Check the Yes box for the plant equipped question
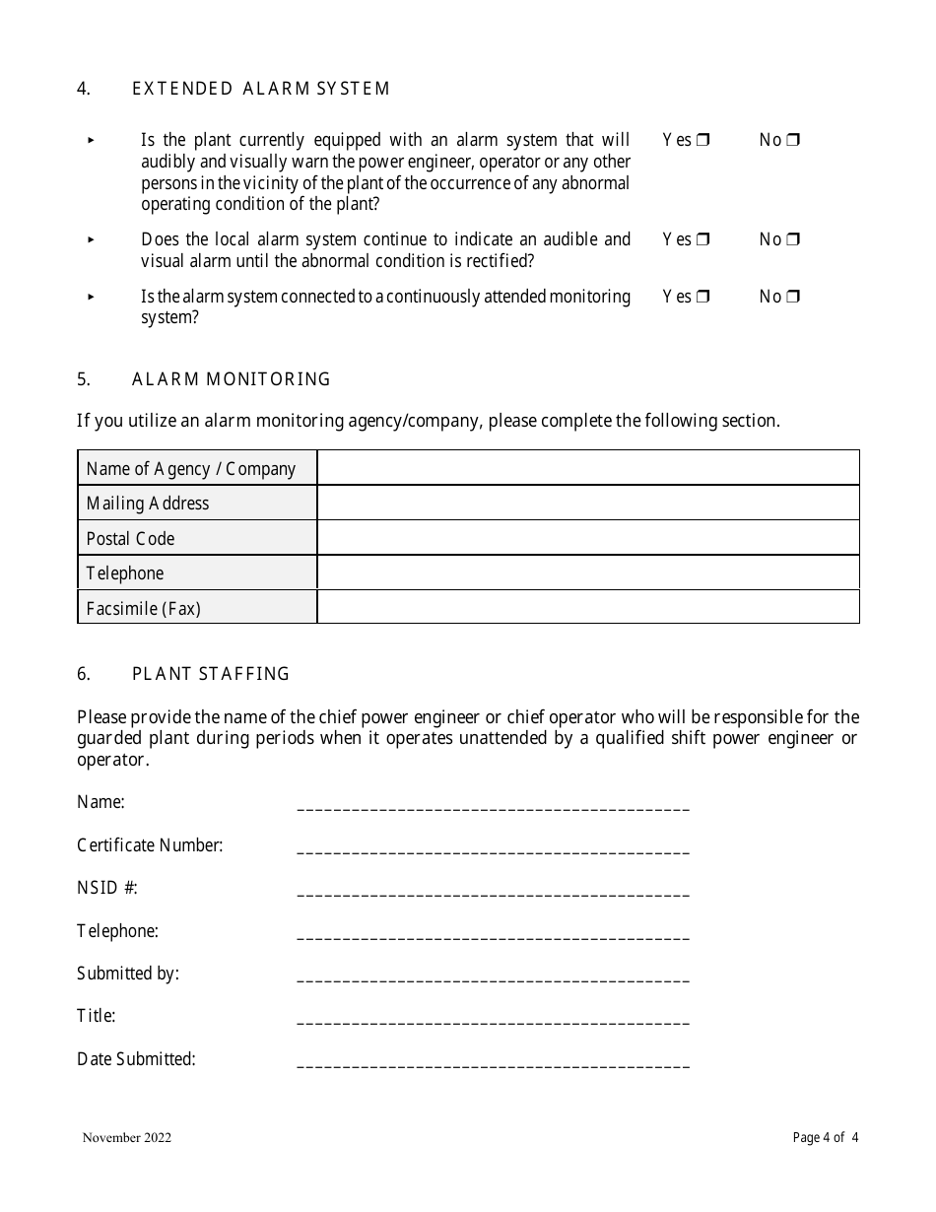pyautogui.click(x=702, y=141)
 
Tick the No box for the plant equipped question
pyautogui.click(x=793, y=141)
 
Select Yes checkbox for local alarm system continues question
pyautogui.click(x=702, y=239)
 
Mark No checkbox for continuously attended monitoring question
pyautogui.click(x=793, y=297)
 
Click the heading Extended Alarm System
pyautogui.click(x=261, y=89)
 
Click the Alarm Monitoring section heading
pyautogui.click(x=232, y=379)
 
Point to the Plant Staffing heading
pyautogui.click(x=211, y=674)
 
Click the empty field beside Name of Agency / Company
pyautogui.click(x=588, y=468)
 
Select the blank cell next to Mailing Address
pyautogui.click(x=588, y=503)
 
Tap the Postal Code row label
pyautogui.click(x=130, y=538)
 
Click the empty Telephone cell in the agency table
pyautogui.click(x=588, y=572)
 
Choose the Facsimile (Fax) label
pyautogui.click(x=143, y=608)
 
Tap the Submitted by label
pyautogui.click(x=128, y=974)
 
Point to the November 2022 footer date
pyautogui.click(x=127, y=1138)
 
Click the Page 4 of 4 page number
pyautogui.click(x=825, y=1138)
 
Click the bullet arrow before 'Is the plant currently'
pyautogui.click(x=91, y=141)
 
